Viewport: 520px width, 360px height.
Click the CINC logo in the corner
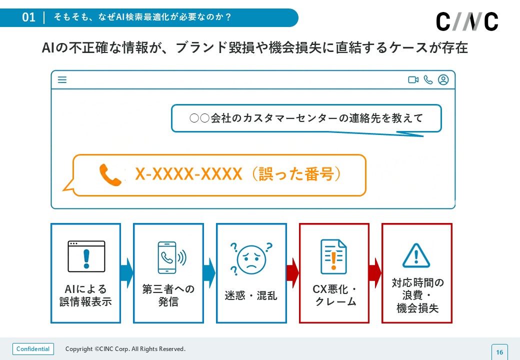[x=467, y=21]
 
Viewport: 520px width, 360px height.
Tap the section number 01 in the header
[x=29, y=17]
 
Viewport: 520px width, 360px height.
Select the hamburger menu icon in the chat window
[x=62, y=80]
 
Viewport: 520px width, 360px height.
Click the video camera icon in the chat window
[x=413, y=80]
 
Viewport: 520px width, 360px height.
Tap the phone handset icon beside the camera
[x=428, y=80]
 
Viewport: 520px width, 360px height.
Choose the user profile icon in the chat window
[x=443, y=80]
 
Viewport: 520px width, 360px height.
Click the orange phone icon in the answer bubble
[x=110, y=175]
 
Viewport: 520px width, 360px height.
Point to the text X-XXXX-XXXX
[x=188, y=174]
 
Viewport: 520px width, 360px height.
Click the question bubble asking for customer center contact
[x=306, y=118]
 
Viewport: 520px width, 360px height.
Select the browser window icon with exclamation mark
[x=86, y=256]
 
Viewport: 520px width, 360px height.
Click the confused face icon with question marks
[x=250, y=258]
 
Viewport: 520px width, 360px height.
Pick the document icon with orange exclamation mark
[x=333, y=256]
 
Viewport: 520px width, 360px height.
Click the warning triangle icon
[x=416, y=255]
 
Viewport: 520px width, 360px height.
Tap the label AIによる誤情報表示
[x=86, y=295]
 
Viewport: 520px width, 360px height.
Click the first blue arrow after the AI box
[x=126, y=273]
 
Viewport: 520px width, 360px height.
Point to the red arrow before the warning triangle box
[x=375, y=273]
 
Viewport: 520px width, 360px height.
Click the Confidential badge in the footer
[x=33, y=349]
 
